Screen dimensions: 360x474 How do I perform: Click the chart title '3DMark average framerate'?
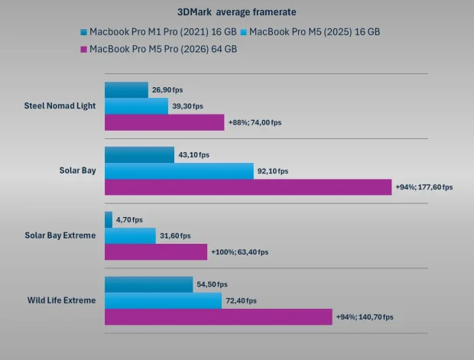tap(237, 12)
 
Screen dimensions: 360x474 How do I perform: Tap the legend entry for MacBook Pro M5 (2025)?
tap(314, 32)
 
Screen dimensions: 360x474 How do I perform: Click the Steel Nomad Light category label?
tap(60, 105)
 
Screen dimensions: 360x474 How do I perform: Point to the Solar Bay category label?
tap(77, 170)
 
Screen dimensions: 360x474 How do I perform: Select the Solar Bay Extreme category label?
tap(60, 235)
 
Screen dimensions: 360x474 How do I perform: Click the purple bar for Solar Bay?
tap(248, 187)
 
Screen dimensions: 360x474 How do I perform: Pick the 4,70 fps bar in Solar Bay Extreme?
tap(108, 219)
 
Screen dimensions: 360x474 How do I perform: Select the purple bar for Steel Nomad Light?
tap(164, 122)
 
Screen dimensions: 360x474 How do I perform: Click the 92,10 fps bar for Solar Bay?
tap(179, 171)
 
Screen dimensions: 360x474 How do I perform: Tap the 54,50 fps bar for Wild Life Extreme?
tap(148, 284)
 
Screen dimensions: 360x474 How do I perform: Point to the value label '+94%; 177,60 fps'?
tap(424, 187)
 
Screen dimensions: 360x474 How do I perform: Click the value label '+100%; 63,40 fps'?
tap(239, 252)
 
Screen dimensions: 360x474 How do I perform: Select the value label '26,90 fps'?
tap(167, 90)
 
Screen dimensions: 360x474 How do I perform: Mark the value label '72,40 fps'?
tap(241, 301)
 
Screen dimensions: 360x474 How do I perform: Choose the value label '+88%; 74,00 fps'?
tap(256, 122)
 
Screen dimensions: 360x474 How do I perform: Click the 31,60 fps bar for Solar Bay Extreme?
tap(130, 235)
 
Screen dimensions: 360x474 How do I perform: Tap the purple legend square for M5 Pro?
tap(83, 49)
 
